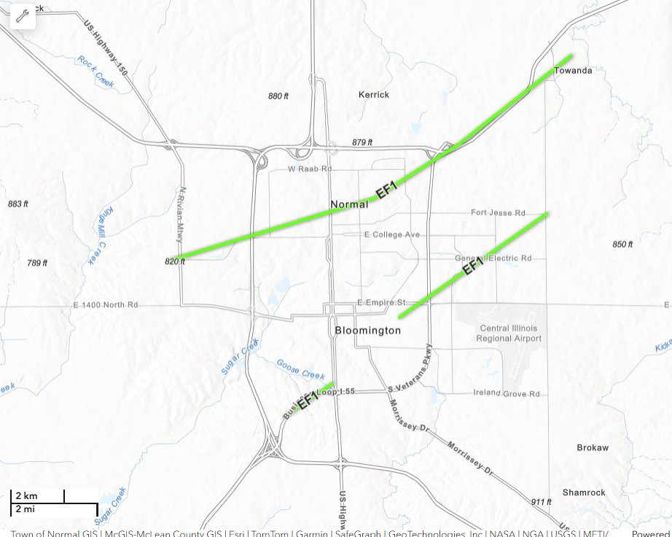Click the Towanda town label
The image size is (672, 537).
(x=573, y=71)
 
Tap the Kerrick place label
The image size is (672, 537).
(x=374, y=95)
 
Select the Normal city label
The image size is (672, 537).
(x=349, y=204)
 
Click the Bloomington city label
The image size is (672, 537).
(x=367, y=331)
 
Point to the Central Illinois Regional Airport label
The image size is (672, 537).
(x=509, y=333)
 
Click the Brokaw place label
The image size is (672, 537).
(x=592, y=448)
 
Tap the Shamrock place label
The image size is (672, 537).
(x=583, y=492)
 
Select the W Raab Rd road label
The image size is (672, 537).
(x=310, y=169)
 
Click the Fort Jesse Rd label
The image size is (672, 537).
(x=498, y=213)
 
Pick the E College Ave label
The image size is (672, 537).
(x=392, y=235)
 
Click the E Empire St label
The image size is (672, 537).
(x=381, y=302)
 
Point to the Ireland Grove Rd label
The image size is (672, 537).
(x=507, y=394)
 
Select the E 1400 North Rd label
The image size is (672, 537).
(x=106, y=304)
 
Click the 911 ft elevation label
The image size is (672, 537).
(x=541, y=502)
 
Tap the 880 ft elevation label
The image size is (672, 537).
(x=279, y=96)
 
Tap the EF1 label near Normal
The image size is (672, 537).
(x=386, y=191)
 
